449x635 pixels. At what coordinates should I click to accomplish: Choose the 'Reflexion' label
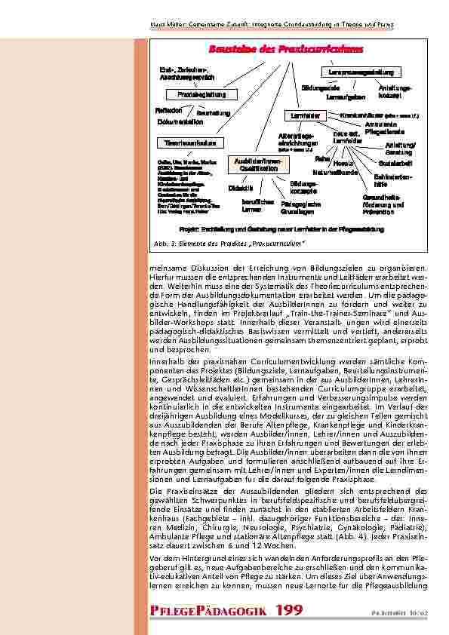click(170, 109)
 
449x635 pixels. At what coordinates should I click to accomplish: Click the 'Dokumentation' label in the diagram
click(180, 121)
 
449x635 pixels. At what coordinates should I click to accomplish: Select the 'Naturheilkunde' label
click(335, 173)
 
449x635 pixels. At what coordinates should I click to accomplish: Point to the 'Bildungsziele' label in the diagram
click(319, 88)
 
